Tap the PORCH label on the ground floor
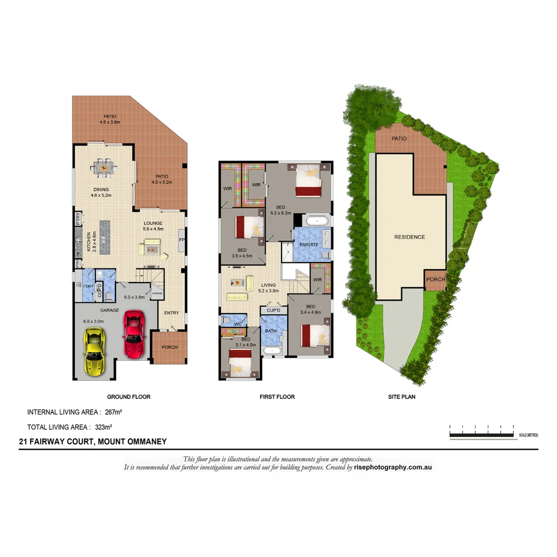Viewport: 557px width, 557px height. (170, 347)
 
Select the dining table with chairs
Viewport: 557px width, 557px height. (104, 167)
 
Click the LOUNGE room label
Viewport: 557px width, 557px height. (153, 223)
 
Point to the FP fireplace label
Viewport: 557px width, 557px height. (182, 240)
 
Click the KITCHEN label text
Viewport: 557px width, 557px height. (89, 241)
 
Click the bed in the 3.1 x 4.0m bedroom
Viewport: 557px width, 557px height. (240, 361)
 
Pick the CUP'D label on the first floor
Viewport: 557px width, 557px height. (273, 310)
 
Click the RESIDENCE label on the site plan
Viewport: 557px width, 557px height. (409, 237)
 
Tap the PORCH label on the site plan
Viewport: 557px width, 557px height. (436, 279)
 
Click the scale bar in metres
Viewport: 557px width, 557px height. (482, 435)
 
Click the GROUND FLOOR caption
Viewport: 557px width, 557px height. (128, 397)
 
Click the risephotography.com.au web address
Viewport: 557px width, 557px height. (393, 467)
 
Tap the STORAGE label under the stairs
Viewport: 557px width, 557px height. (157, 293)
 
